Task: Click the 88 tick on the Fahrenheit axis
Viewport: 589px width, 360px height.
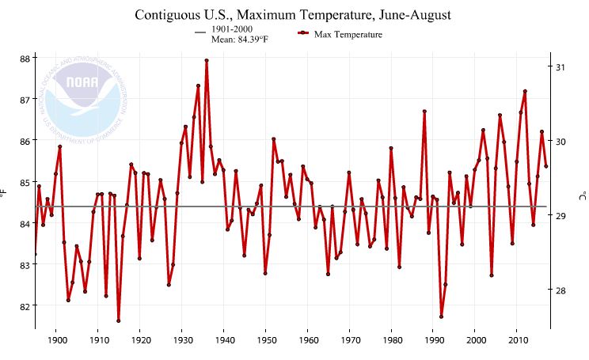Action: (25, 59)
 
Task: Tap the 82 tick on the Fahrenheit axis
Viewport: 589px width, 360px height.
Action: (25, 306)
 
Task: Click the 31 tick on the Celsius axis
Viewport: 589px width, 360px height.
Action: (561, 67)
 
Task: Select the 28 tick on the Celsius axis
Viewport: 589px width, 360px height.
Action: (561, 290)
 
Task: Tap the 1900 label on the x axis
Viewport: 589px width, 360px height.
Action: (56, 339)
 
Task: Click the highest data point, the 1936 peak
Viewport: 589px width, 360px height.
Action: (207, 60)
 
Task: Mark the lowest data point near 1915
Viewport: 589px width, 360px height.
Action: (119, 320)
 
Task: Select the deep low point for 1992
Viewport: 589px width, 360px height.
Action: (441, 316)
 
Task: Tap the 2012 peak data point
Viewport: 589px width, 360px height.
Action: (525, 92)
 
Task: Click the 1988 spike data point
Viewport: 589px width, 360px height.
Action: (424, 112)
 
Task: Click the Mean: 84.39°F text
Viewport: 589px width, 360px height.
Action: (240, 40)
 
